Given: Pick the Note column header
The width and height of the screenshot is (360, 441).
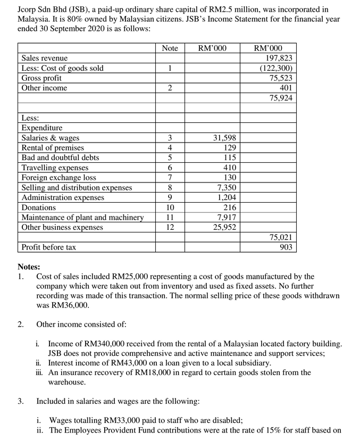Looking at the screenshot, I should click(169, 48).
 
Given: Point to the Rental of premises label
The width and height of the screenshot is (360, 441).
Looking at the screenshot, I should click(52, 147).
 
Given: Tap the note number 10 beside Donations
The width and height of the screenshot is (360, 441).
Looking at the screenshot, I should click(169, 207).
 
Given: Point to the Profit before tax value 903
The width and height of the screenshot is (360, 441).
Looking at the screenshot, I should click(286, 247).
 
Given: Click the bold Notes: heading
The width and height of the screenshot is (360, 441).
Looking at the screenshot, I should click(29, 267).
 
